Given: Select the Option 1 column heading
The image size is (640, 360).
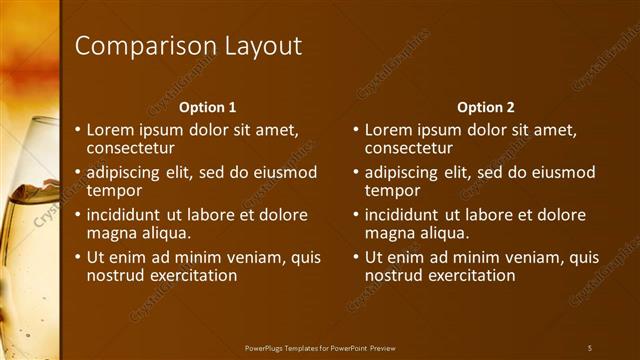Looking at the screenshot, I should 207,107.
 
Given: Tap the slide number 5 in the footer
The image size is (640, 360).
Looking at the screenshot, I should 590,347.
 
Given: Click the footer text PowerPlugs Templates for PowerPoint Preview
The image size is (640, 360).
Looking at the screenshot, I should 326,347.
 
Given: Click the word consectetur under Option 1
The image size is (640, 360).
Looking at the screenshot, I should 130,147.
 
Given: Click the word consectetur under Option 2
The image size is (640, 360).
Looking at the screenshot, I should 408,147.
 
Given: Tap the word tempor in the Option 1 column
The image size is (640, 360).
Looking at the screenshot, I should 113,190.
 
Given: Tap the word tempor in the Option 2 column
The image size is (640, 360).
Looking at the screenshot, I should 391,190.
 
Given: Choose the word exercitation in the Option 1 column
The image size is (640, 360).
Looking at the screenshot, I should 188,275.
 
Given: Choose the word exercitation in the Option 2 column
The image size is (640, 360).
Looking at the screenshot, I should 466,275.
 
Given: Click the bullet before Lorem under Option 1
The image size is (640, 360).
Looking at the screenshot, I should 79,130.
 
